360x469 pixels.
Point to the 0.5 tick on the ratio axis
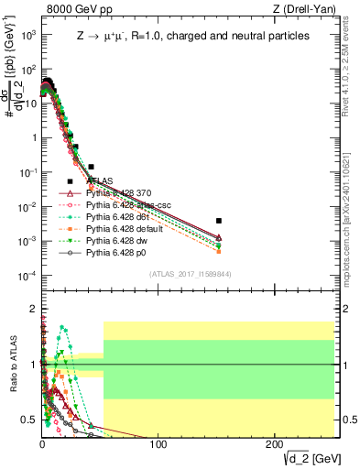30,420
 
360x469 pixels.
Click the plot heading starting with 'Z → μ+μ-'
192,36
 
